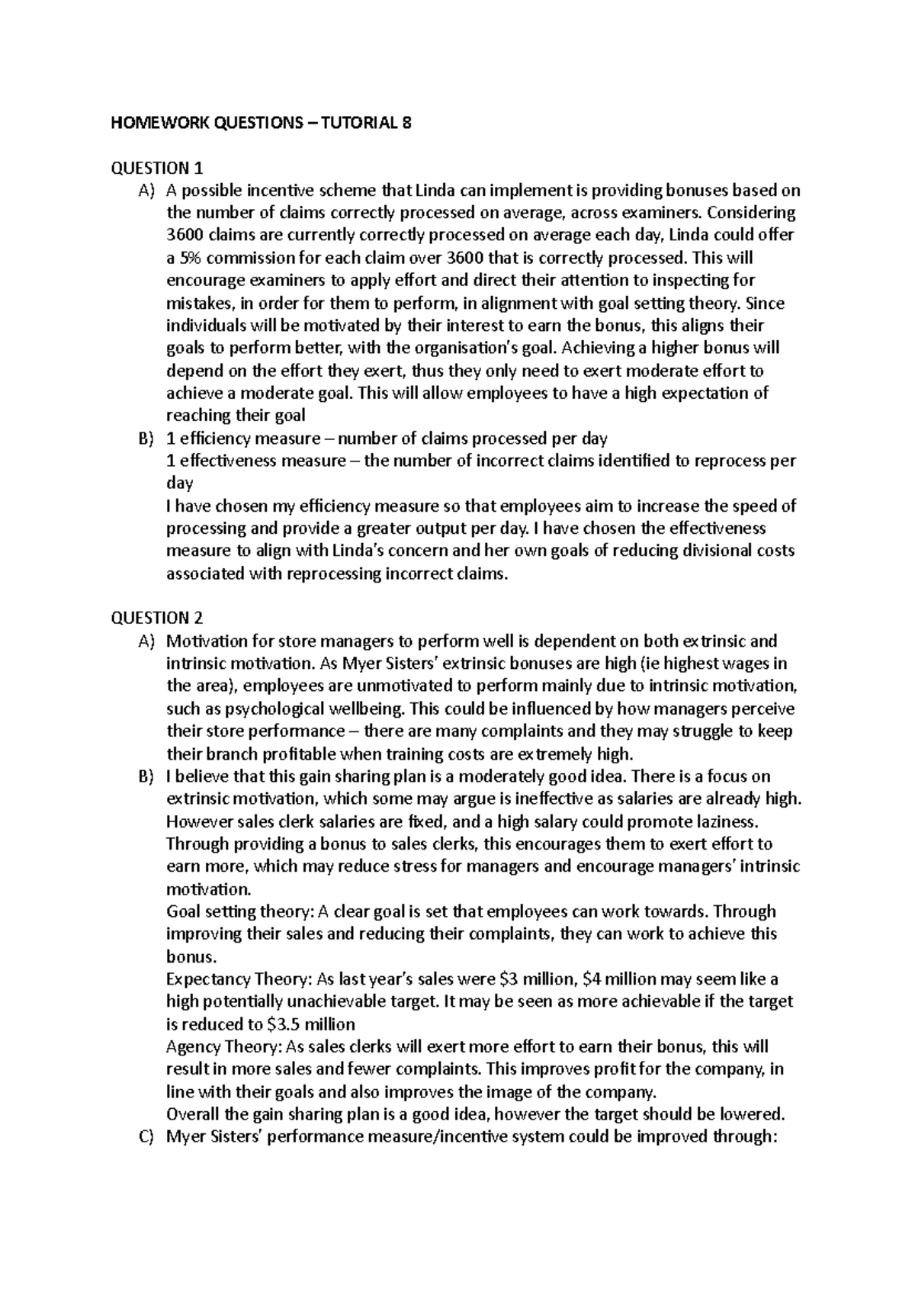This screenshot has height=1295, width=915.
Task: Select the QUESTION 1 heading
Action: pyautogui.click(x=157, y=168)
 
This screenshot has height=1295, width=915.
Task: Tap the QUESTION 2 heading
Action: pyautogui.click(x=157, y=618)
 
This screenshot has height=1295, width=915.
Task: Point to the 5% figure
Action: pyautogui.click(x=186, y=258)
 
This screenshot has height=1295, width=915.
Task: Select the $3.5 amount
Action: pyautogui.click(x=288, y=1024)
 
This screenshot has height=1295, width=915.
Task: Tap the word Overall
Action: pyautogui.click(x=192, y=1114)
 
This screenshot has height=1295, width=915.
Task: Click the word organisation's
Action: pyautogui.click(x=479, y=349)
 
